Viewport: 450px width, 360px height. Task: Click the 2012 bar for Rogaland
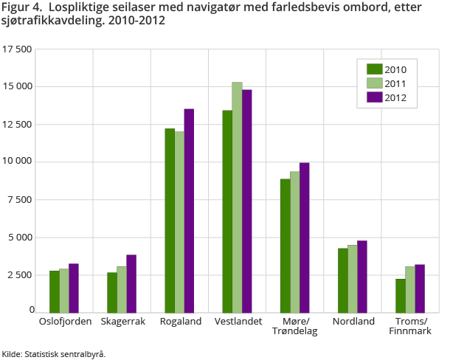[x=189, y=210]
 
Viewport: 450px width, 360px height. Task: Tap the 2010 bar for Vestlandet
[x=227, y=211]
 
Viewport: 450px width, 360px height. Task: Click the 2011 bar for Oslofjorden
[x=64, y=290]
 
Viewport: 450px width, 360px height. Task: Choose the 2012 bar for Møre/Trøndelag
[x=304, y=237]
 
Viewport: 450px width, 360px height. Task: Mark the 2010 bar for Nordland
[x=342, y=280]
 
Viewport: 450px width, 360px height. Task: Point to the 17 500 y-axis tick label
[x=17, y=49]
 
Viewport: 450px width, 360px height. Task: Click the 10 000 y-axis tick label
[x=17, y=162]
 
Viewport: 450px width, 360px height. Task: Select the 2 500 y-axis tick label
[x=20, y=274]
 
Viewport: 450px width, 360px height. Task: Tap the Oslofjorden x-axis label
[x=64, y=322]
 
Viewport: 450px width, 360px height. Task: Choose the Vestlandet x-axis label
[x=237, y=322]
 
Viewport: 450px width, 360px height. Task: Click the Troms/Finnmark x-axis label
[x=409, y=326]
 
